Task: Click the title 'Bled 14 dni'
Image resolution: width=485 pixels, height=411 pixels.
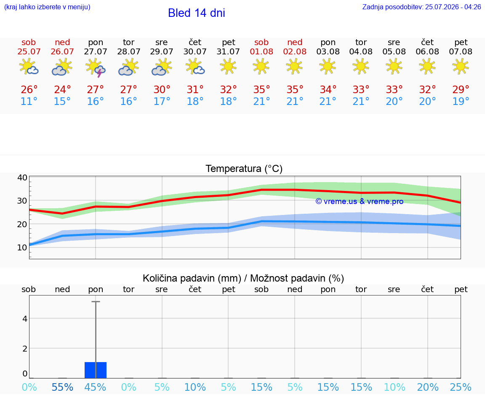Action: click(197, 13)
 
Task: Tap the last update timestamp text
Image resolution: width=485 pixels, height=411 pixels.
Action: click(421, 7)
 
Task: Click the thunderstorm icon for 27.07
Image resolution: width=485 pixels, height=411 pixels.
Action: click(96, 67)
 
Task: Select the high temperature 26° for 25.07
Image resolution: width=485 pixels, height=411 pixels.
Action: click(29, 89)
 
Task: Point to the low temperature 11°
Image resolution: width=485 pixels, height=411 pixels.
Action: click(29, 101)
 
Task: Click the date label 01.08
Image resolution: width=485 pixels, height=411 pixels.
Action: click(261, 51)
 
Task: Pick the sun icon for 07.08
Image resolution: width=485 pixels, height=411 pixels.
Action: click(461, 66)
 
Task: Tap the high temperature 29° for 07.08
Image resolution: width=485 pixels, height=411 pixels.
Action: click(461, 89)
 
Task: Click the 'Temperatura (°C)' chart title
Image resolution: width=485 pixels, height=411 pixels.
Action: click(244, 169)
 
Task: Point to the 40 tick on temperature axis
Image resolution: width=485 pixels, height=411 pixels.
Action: click(22, 177)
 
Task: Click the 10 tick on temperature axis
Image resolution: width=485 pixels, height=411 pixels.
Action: click(22, 247)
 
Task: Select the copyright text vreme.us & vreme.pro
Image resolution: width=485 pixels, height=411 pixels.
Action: click(360, 201)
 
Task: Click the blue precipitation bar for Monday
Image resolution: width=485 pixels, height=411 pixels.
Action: click(96, 370)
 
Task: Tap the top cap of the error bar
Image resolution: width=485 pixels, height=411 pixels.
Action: click(96, 301)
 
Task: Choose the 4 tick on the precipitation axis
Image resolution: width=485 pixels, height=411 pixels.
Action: click(25, 319)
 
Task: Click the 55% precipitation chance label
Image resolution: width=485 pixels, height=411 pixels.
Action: click(62, 387)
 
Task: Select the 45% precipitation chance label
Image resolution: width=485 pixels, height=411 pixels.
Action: click(95, 387)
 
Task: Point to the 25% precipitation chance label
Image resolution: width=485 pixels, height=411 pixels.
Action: click(461, 387)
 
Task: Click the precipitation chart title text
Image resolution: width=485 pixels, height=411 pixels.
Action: click(243, 278)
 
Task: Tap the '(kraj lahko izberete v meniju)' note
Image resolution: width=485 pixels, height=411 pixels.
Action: click(47, 7)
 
